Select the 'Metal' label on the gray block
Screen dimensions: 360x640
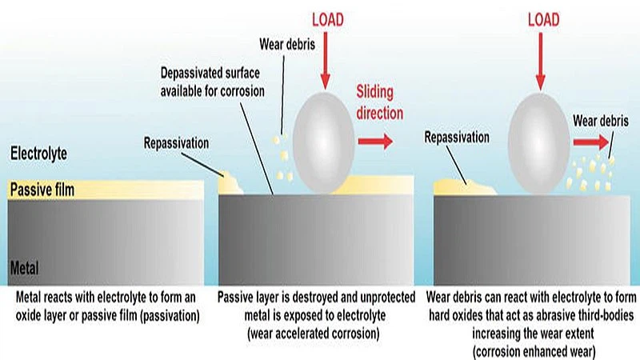[x=24, y=266]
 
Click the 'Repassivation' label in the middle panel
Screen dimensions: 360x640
[x=177, y=144]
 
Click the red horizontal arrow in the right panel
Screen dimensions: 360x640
[x=590, y=142]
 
